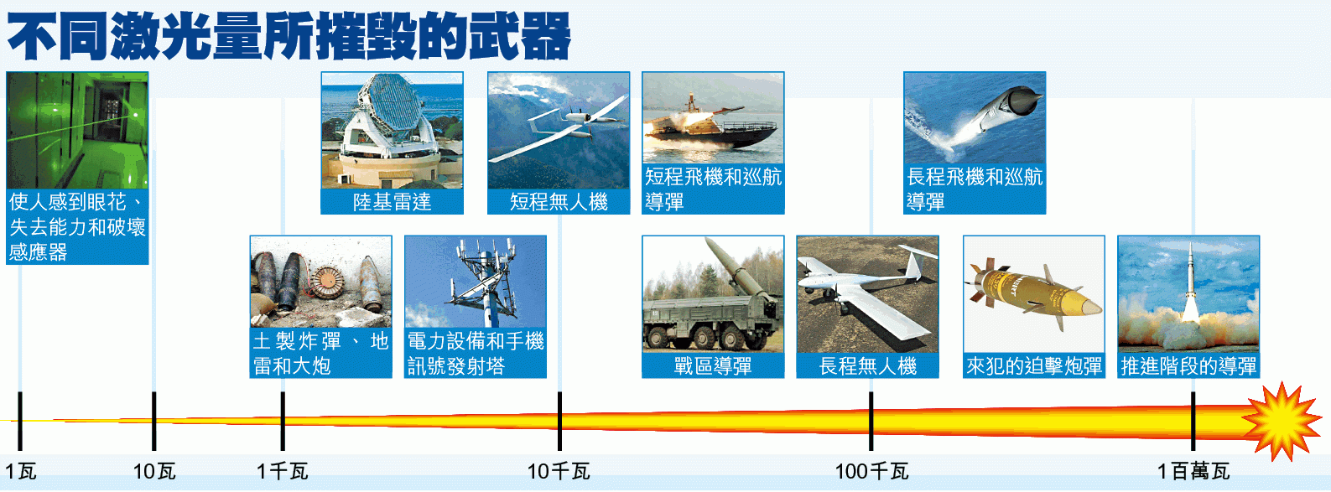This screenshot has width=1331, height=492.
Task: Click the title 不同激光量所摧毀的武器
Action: [x=289, y=37]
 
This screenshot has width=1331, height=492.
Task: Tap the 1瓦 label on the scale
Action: [x=21, y=472]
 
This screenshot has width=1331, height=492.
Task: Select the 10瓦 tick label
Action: [x=154, y=472]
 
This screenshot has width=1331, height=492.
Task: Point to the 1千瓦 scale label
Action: [x=283, y=472]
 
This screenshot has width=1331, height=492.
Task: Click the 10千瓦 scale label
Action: [x=559, y=472]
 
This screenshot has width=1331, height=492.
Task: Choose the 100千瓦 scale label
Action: [x=871, y=472]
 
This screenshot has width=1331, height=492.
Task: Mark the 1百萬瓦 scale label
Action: [x=1193, y=472]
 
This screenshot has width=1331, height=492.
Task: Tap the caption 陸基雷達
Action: [x=393, y=202]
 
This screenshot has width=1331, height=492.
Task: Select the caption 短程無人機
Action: [x=559, y=202]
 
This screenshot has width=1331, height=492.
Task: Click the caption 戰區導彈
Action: [x=713, y=365]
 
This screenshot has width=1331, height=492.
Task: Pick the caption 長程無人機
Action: [x=867, y=365]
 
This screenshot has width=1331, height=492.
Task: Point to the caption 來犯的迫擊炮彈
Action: [x=1034, y=365]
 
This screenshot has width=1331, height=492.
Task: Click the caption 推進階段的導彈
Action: [x=1188, y=365]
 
